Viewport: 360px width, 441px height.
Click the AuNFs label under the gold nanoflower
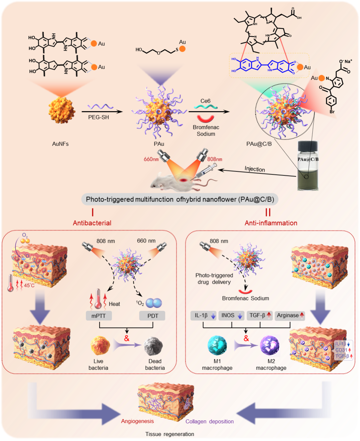click(x=60, y=144)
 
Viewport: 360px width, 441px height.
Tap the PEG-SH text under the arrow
click(x=98, y=117)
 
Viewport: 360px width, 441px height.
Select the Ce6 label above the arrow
click(x=205, y=101)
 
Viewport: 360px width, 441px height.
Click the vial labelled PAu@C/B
click(x=308, y=166)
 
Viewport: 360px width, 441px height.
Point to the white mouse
click(x=167, y=182)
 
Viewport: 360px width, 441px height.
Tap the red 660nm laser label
click(x=151, y=159)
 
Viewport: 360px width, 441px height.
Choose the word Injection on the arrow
click(x=255, y=169)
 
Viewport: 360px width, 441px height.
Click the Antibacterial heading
click(x=92, y=223)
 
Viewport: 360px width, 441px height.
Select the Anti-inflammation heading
click(x=271, y=223)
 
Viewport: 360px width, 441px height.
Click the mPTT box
click(x=99, y=316)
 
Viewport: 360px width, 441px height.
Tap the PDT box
click(x=153, y=316)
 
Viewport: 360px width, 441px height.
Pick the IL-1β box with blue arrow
click(x=204, y=315)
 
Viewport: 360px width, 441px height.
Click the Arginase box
click(x=290, y=315)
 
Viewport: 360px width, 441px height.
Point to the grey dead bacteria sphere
click(x=154, y=346)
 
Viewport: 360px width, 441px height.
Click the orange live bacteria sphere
click(x=100, y=345)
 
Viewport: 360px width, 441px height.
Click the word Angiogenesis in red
click(x=137, y=421)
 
